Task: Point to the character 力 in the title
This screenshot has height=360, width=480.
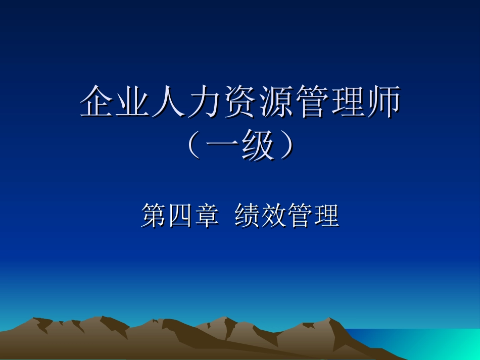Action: (205, 102)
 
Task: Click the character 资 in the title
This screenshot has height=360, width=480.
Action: (240, 102)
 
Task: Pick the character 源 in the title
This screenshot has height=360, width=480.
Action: (276, 102)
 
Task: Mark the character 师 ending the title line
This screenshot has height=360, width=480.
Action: (383, 102)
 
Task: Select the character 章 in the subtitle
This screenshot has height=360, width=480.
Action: (206, 216)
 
